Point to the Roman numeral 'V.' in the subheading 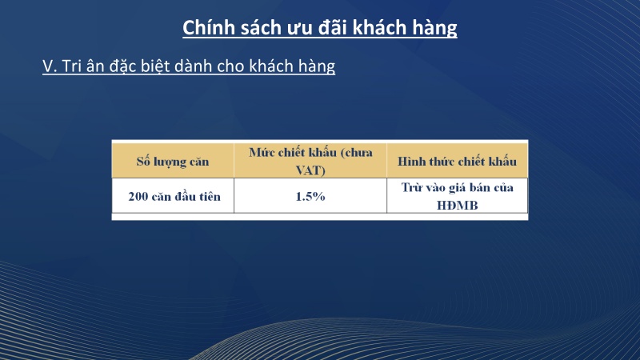click(x=50, y=66)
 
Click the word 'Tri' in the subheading click(x=74, y=66)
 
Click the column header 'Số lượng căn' click(x=172, y=162)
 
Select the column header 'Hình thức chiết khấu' click(x=457, y=162)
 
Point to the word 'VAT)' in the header click(x=310, y=170)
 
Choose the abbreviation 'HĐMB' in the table click(x=457, y=205)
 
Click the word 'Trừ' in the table click(x=411, y=188)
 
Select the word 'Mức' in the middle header click(x=262, y=153)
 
